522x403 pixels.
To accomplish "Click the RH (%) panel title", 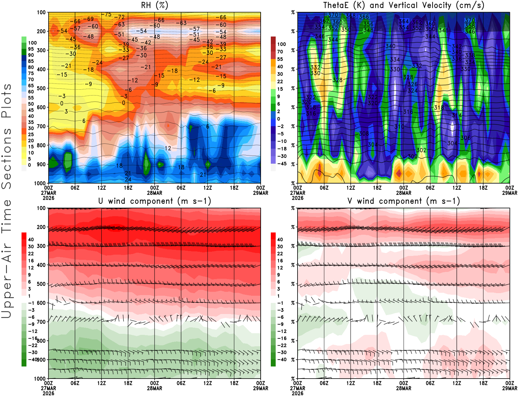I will coord(155,5).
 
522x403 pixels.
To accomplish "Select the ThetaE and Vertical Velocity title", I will coord(404,5).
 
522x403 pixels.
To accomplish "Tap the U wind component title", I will coord(155,201).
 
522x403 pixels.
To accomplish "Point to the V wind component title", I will coord(404,201).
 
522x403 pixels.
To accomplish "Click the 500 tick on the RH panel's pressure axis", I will coord(41,88).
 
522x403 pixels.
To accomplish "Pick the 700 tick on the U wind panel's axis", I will coord(41,322).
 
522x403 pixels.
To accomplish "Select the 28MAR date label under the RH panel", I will coord(155,193).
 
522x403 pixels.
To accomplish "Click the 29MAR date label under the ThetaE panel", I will coord(510,193).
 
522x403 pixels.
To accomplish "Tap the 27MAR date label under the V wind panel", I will coord(298,388).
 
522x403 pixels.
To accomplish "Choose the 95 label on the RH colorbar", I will coord(31,49).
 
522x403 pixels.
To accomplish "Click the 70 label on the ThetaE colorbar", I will coord(280,52).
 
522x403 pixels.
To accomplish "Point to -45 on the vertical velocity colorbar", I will coord(281,164).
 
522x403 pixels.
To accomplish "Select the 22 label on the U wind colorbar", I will coord(31,254).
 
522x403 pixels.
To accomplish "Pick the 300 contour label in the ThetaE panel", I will coord(412,157).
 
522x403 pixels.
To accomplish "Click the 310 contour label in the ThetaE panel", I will coord(399,127).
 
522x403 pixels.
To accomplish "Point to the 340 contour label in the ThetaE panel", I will coord(391,46).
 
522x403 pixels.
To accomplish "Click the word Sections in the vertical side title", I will coord(7,158).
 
